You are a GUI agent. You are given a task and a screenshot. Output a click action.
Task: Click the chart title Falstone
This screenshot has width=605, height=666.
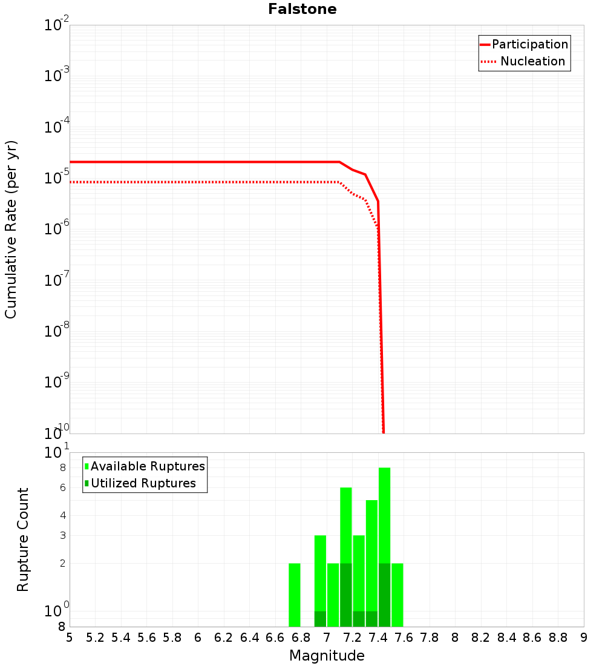click(x=302, y=9)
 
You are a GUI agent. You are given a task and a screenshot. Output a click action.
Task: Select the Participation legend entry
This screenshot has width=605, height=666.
click(x=529, y=44)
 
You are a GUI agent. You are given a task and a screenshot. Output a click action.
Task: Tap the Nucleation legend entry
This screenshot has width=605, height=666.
click(x=532, y=61)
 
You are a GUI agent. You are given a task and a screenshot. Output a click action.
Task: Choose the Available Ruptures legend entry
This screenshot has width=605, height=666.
click(x=148, y=466)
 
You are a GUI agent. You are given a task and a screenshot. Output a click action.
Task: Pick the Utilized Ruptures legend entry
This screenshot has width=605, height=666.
click(x=143, y=483)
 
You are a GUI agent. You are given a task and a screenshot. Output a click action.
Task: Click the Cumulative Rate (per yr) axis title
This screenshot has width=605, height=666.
click(x=11, y=229)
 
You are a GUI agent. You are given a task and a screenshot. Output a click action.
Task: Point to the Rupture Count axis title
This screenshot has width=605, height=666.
click(x=23, y=539)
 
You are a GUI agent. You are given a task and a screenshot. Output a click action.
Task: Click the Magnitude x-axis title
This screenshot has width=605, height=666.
click(x=327, y=656)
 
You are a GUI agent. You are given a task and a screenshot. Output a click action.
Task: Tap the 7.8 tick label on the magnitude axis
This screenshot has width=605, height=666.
click(x=430, y=638)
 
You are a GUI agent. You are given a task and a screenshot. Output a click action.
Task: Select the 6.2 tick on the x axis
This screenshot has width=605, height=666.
click(x=224, y=638)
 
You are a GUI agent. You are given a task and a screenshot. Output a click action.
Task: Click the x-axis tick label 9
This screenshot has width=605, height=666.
click(x=584, y=638)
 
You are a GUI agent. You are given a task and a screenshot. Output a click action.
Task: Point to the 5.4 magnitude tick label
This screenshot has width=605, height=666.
click(x=121, y=638)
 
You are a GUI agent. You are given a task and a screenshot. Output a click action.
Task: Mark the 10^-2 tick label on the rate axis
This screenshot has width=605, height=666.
click(x=57, y=25)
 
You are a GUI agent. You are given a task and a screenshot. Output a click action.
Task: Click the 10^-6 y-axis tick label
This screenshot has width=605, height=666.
click(x=57, y=229)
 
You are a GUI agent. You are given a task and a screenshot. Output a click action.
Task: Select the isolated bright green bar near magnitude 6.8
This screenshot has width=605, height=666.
click(x=295, y=595)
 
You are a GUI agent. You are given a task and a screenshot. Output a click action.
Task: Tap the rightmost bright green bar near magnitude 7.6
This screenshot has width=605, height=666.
click(x=397, y=595)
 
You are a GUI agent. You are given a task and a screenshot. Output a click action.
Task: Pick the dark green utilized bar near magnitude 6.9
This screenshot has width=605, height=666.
click(x=320, y=619)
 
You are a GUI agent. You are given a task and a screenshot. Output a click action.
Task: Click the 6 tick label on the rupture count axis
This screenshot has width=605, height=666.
click(x=62, y=487)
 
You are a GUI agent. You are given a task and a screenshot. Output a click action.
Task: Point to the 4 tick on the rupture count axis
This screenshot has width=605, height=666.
click(x=62, y=515)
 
